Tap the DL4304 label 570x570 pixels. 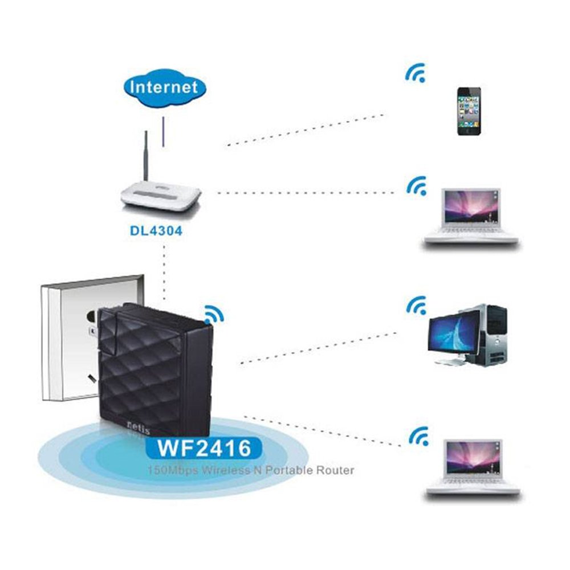(153, 232)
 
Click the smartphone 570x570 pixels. (469, 111)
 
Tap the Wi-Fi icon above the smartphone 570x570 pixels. (416, 74)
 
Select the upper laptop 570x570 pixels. (470, 217)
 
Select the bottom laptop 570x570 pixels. (473, 467)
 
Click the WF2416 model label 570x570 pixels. (203, 448)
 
